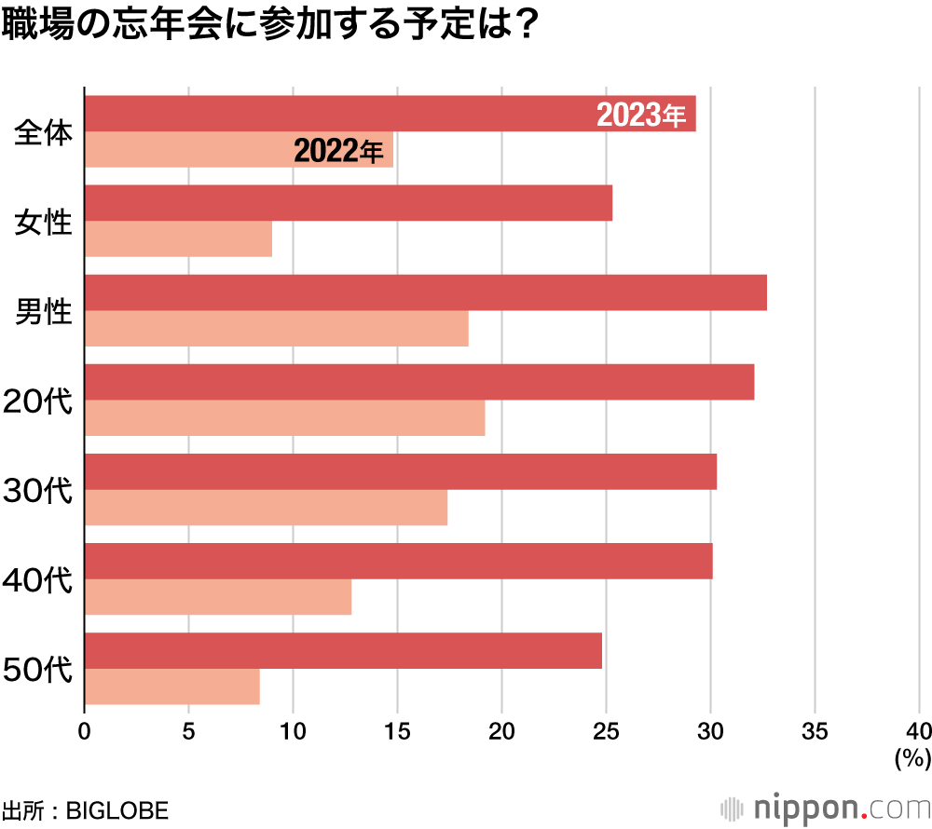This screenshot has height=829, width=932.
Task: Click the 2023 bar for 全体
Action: coord(336,114)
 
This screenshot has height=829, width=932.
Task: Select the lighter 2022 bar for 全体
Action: coord(186,150)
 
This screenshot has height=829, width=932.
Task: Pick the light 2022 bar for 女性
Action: coord(178,239)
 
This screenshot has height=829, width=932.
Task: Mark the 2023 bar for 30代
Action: coord(400,471)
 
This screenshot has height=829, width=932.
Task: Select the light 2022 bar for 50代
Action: coord(171,686)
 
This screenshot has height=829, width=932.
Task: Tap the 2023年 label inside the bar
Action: coord(641,116)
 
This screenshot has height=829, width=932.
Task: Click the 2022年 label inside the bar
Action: coord(338,151)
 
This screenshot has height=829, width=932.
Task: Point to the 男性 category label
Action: coord(44,311)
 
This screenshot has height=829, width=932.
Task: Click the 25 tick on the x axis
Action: coord(606,730)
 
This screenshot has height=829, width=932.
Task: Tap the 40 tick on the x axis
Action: coord(918,730)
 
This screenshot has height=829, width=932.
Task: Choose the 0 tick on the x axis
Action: coord(85,730)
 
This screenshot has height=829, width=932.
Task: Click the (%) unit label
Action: coord(911,760)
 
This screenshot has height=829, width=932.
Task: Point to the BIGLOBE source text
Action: coord(116,809)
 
